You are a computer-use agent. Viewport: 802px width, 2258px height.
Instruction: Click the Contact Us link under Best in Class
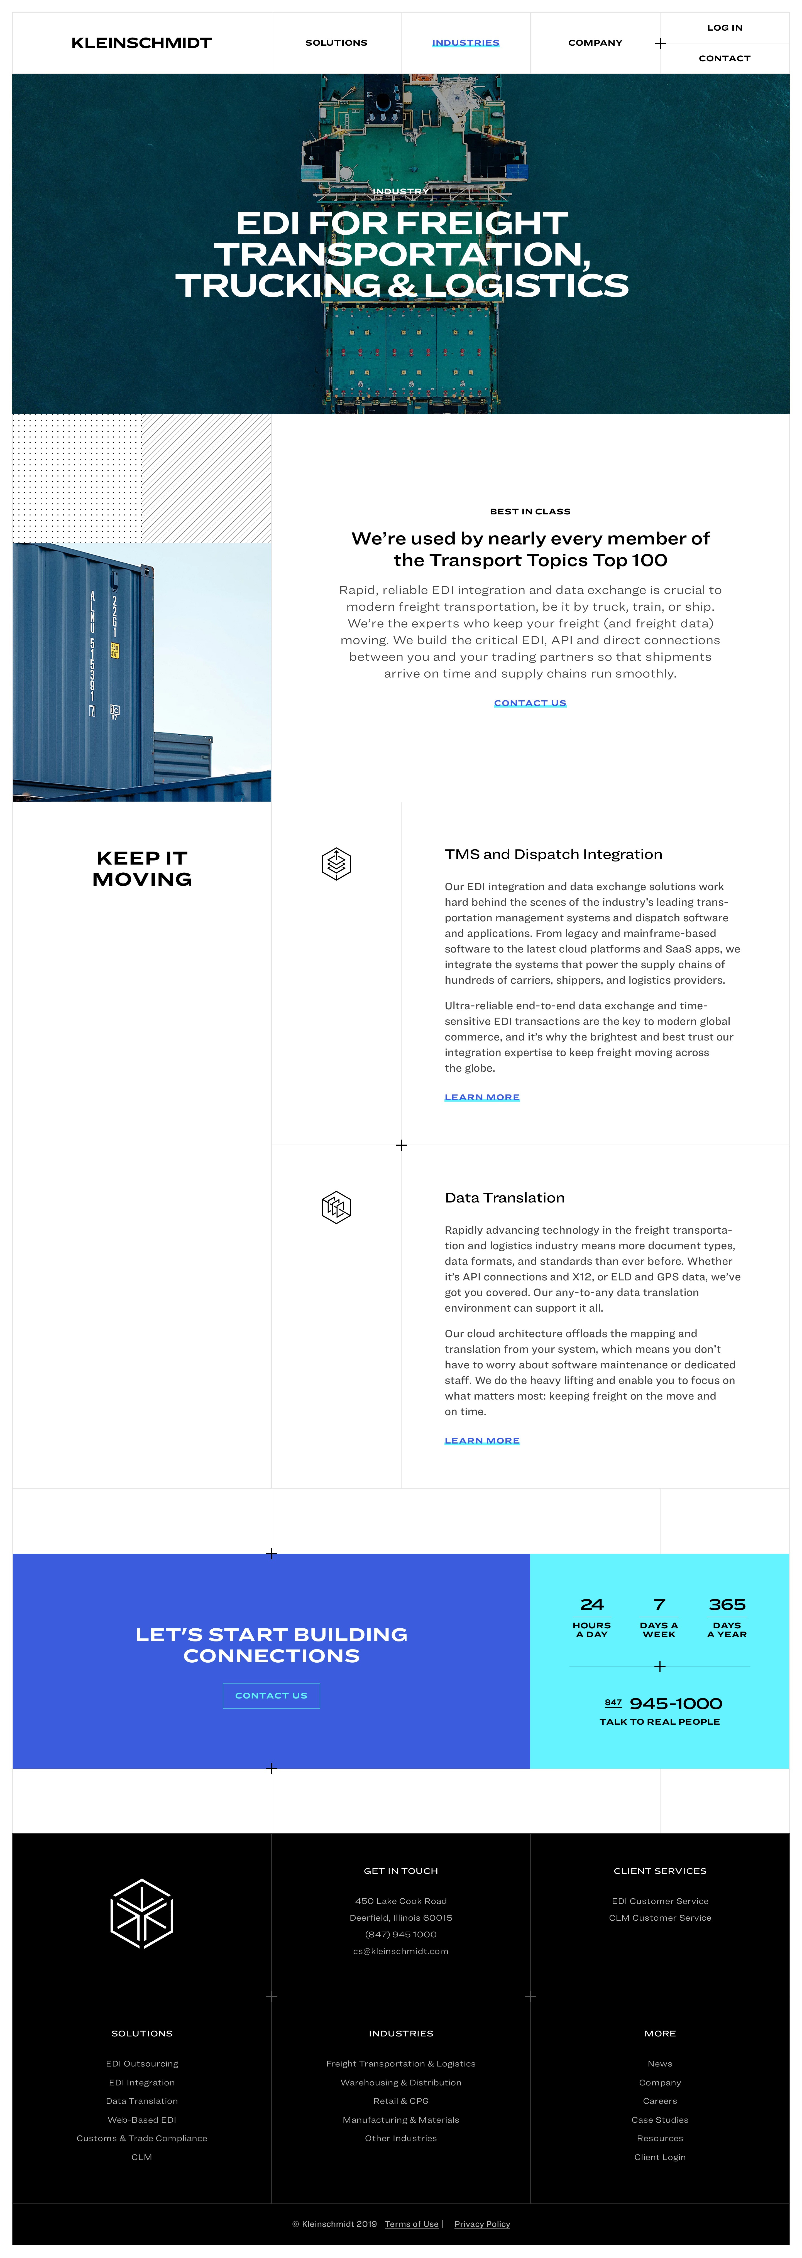pos(529,703)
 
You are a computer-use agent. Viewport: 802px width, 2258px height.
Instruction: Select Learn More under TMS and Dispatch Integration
pos(481,1098)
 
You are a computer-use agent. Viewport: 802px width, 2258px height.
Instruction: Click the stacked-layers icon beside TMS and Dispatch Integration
pos(336,863)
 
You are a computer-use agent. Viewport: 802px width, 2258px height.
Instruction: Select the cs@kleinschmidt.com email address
pos(400,1951)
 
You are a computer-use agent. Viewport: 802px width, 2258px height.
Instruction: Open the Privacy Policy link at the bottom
pos(482,2224)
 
